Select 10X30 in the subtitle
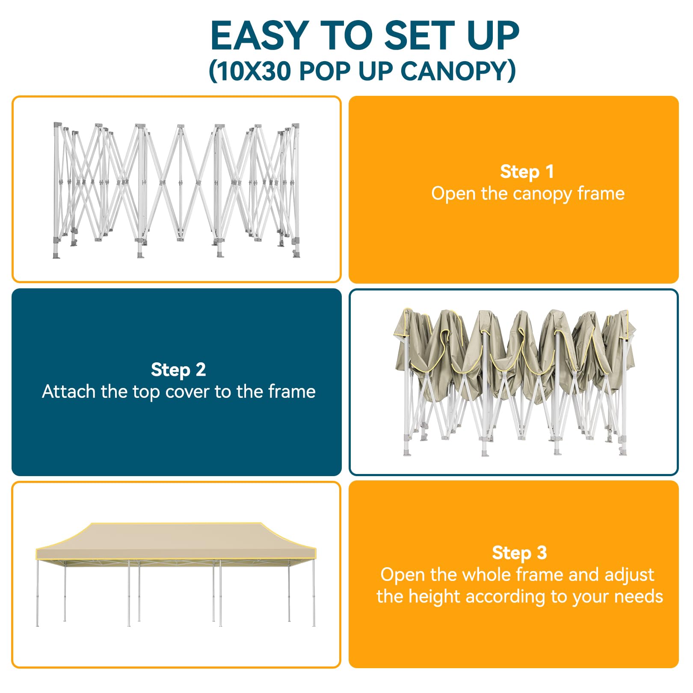coord(255,71)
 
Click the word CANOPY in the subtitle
coord(452,71)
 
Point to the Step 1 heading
coord(527,172)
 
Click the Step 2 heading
coord(178,370)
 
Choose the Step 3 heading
coord(519,553)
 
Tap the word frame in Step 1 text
coord(601,193)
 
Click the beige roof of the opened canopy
coord(175,540)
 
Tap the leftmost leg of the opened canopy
coord(38,593)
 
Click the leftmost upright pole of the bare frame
coord(56,188)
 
